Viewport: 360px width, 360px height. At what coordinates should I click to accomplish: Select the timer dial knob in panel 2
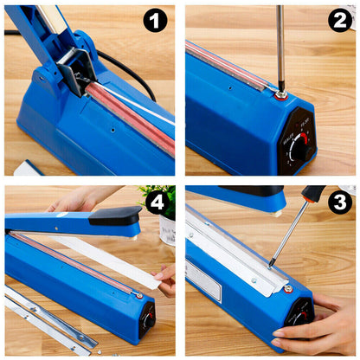tap(299, 146)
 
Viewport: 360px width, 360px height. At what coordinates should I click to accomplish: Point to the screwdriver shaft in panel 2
tap(280, 43)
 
